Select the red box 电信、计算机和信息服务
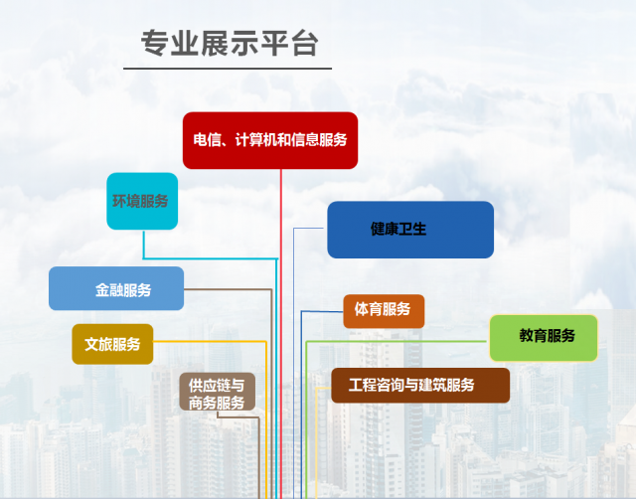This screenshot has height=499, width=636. coord(270,140)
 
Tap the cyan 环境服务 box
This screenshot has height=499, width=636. coord(142,201)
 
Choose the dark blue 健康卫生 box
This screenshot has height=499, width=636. coord(410,230)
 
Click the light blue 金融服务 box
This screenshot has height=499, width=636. coord(116,289)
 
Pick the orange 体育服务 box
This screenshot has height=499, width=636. coord(384,310)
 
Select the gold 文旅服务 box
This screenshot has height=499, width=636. coord(112,344)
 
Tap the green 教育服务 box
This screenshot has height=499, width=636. coord(544,337)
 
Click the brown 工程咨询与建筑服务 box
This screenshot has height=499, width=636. coord(420,385)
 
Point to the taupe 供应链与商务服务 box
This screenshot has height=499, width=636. coord(218,393)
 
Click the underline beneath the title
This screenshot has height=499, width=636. coord(228,69)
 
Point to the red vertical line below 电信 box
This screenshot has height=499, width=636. coord(282,298)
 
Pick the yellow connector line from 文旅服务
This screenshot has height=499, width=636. coord(265,417)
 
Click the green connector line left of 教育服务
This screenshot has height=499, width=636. coord(307,417)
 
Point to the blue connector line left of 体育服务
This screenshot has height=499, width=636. coord(301,398)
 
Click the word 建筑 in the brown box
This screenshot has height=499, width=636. coord(434,385)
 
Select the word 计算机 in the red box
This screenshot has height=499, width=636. coord(254,140)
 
